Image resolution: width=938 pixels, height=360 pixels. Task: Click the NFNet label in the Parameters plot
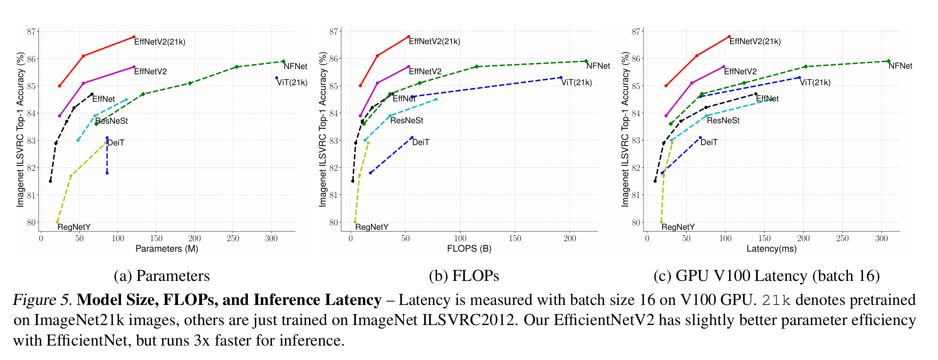pyautogui.click(x=295, y=66)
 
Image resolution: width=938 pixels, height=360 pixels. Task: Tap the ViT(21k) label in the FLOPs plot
pyautogui.click(x=577, y=83)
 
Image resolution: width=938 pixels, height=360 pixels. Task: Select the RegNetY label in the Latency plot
pyautogui.click(x=678, y=227)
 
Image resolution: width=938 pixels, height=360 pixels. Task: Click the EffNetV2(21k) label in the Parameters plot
pyautogui.click(x=160, y=42)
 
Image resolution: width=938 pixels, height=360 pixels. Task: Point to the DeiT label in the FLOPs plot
pyautogui.click(x=420, y=142)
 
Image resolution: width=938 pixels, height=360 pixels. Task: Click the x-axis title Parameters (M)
pyautogui.click(x=167, y=249)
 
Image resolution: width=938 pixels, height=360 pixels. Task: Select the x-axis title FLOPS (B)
pyautogui.click(x=469, y=249)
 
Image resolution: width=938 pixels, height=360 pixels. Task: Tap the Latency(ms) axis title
pyautogui.click(x=771, y=249)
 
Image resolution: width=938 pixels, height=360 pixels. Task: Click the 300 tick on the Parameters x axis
pyautogui.click(x=271, y=239)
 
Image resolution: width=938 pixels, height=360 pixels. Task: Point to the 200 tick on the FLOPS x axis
pyautogui.click(x=570, y=239)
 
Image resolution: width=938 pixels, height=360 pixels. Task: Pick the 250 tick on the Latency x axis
pyautogui.click(x=842, y=239)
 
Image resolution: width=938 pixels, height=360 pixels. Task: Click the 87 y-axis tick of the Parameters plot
pyautogui.click(x=31, y=31)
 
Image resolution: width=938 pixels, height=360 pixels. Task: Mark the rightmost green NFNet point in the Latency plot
pyautogui.click(x=888, y=61)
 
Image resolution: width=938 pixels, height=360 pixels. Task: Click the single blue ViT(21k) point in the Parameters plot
pyautogui.click(x=277, y=78)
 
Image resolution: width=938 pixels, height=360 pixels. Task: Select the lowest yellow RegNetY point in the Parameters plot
pyautogui.click(x=57, y=222)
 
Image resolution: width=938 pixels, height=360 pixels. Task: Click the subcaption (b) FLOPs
pyautogui.click(x=464, y=276)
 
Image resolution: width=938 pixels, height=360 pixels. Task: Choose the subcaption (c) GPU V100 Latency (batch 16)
pyautogui.click(x=766, y=276)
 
